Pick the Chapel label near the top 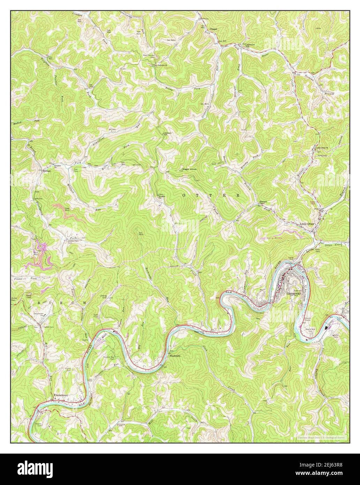click(213, 29)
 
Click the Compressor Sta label click(48, 314)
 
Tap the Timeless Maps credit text click(321, 436)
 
